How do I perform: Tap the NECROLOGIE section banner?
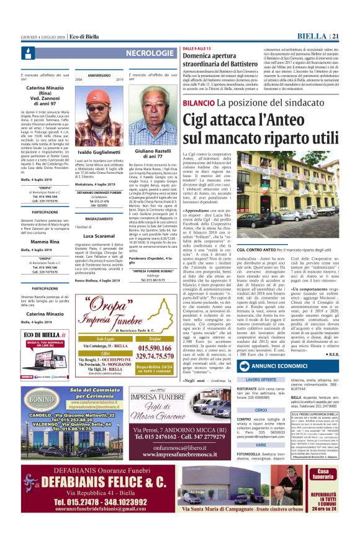pyautogui.click(x=145, y=53)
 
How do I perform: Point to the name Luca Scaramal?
pyautogui.click(x=99, y=236)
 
